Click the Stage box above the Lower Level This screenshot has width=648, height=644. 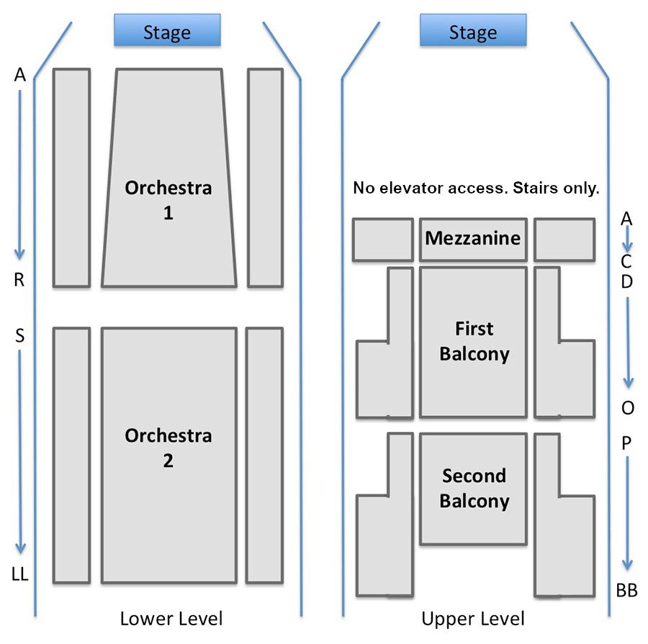167,31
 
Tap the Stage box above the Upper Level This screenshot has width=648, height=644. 473,31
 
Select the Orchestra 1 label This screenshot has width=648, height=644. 168,200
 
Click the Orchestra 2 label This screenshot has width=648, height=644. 168,448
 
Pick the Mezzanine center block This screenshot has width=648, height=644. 473,239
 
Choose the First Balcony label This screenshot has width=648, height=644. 474,341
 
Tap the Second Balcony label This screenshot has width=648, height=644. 474,488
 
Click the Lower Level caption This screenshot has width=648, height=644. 171,618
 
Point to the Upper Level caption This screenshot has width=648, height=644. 473,618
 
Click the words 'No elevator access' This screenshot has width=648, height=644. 421,189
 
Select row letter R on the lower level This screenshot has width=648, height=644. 19,281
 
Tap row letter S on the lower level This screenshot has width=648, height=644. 19,335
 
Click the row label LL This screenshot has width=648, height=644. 20,574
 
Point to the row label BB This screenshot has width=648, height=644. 627,591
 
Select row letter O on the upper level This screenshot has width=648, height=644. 628,408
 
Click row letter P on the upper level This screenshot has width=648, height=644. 626,443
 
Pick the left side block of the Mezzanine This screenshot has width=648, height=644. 382,240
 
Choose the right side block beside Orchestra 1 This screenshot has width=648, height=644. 265,178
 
